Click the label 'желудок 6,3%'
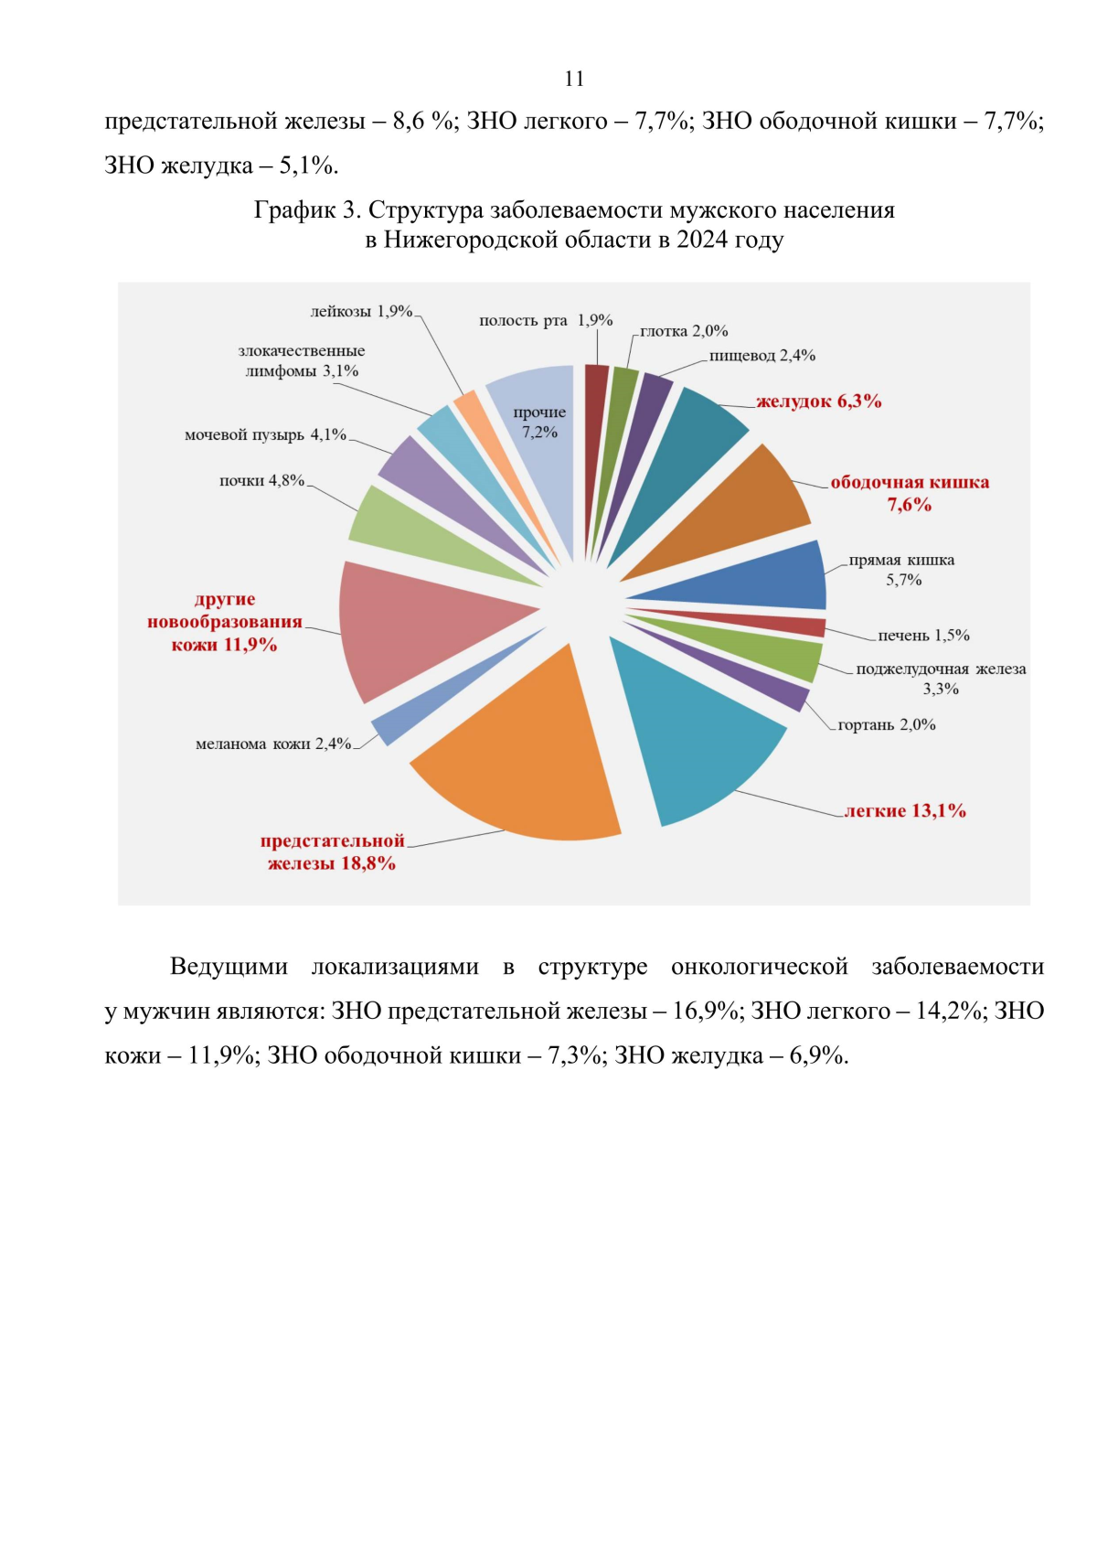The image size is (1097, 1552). (x=818, y=401)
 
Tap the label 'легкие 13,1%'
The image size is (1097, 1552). (x=904, y=810)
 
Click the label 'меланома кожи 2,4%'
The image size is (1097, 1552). (x=273, y=744)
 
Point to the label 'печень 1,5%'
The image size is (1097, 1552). (x=923, y=635)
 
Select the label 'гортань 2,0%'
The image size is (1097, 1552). (x=886, y=724)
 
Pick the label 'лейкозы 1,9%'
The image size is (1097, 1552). (x=362, y=312)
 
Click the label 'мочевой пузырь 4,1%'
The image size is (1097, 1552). (x=265, y=434)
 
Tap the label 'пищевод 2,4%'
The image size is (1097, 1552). (x=762, y=355)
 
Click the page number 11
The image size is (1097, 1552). (x=574, y=79)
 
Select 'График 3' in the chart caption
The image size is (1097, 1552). (x=307, y=210)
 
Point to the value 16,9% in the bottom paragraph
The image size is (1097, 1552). (x=705, y=1011)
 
